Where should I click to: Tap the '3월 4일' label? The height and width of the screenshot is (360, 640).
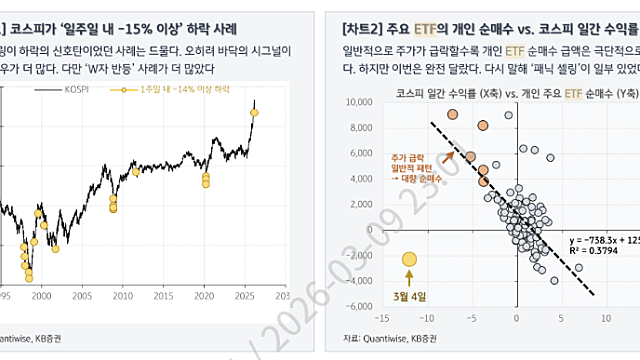[x=408, y=294]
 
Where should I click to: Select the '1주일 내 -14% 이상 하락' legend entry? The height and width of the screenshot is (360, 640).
[x=158, y=90]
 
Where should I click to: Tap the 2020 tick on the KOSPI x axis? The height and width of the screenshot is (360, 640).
[x=203, y=297]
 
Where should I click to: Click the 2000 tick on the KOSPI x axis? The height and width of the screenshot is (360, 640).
[x=41, y=297]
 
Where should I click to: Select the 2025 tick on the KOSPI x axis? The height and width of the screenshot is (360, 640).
[x=244, y=297]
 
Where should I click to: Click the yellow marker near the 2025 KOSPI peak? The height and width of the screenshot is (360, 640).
[x=253, y=113]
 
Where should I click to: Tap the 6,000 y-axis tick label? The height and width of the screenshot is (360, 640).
[x=357, y=151]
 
